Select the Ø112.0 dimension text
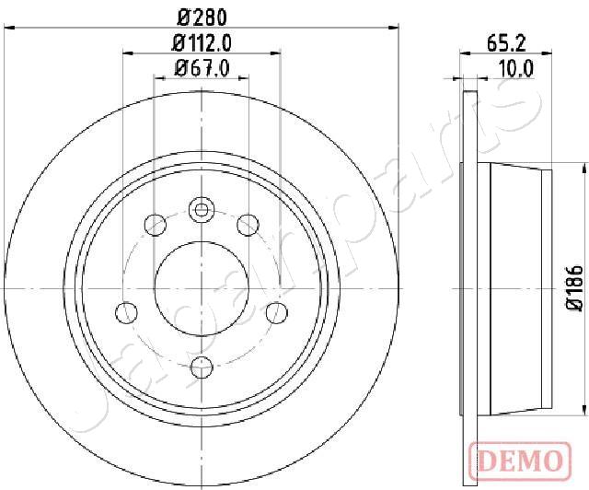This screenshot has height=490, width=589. (x=202, y=42)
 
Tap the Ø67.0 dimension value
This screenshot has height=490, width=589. (x=202, y=66)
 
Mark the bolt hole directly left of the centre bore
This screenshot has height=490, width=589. (x=122, y=312)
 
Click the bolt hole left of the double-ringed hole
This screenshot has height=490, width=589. (x=156, y=224)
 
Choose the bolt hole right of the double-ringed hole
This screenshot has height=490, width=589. (x=247, y=224)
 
